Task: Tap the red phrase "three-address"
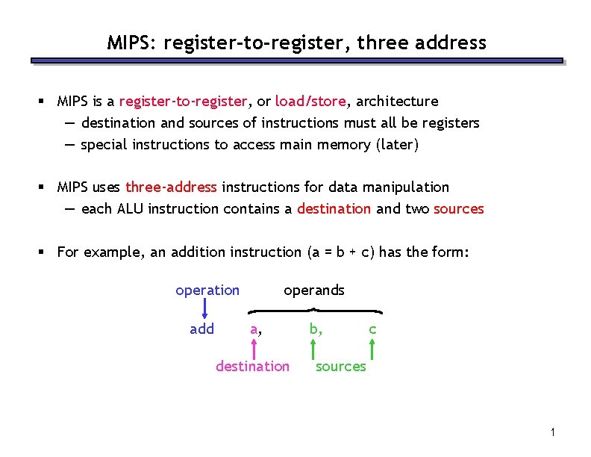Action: pyautogui.click(x=171, y=187)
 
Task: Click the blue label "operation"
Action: pyautogui.click(x=207, y=290)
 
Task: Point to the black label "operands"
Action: pyautogui.click(x=314, y=290)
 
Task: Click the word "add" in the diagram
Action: pyautogui.click(x=202, y=329)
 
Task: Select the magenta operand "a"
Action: pyautogui.click(x=254, y=329)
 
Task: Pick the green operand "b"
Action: pyautogui.click(x=315, y=329)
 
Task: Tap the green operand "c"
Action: pyautogui.click(x=372, y=329)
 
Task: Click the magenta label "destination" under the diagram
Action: pyautogui.click(x=252, y=366)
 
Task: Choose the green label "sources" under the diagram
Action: pyautogui.click(x=341, y=366)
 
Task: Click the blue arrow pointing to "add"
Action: pyautogui.click(x=204, y=308)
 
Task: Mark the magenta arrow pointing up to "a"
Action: pyautogui.click(x=254, y=347)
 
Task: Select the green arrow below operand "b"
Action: pyautogui.click(x=313, y=348)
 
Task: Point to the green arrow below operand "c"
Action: pyautogui.click(x=372, y=348)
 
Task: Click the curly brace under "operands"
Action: pyautogui.click(x=315, y=310)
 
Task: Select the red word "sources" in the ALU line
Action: pyautogui.click(x=459, y=209)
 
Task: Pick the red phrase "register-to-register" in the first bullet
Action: pyautogui.click(x=183, y=101)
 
